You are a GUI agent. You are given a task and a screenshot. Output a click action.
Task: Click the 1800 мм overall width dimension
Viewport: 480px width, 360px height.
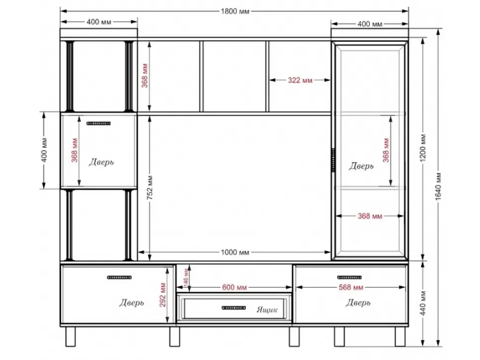click(x=235, y=11)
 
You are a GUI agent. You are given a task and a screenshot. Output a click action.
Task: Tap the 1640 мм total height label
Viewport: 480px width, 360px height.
click(x=438, y=186)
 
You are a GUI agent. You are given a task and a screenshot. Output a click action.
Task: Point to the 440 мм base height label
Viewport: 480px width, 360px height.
click(x=423, y=304)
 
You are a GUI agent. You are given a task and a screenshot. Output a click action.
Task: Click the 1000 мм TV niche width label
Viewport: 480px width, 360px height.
click(x=235, y=252)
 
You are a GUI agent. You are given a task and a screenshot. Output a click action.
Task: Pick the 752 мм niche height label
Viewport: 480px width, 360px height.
click(x=150, y=188)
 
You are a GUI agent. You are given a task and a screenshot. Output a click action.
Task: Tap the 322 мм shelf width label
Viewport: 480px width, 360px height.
click(x=300, y=80)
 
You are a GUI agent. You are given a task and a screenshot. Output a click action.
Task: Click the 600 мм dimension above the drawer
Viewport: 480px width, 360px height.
click(x=235, y=287)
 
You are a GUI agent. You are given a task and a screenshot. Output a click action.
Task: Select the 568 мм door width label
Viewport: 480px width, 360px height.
click(x=351, y=287)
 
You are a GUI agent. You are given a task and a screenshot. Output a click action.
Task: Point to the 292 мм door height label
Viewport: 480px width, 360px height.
click(x=162, y=295)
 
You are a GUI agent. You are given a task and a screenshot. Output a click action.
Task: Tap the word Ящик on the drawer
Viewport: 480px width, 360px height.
click(x=267, y=310)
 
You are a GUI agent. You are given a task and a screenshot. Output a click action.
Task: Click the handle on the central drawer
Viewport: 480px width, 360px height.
click(x=234, y=308)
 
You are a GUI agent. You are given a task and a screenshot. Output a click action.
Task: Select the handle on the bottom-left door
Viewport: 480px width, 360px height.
click(x=119, y=277)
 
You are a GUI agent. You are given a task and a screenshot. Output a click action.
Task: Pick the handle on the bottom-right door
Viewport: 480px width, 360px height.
click(x=349, y=277)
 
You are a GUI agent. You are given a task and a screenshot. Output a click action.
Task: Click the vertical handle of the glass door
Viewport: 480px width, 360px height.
click(x=334, y=160)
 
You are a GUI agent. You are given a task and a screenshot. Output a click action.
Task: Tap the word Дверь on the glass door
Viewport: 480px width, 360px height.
click(x=361, y=166)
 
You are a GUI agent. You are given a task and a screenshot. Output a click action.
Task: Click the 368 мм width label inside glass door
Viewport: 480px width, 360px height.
click(x=370, y=216)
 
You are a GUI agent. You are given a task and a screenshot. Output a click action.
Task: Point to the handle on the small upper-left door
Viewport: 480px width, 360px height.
click(x=98, y=124)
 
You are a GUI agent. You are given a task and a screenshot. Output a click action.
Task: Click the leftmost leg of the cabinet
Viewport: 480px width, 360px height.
click(x=70, y=336)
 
